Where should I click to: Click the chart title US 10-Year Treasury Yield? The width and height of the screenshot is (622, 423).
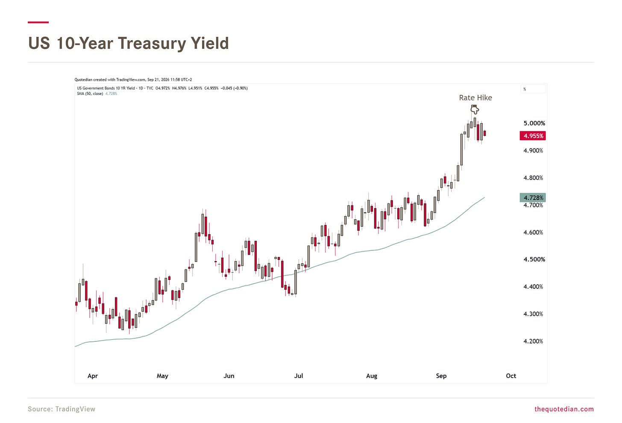129,43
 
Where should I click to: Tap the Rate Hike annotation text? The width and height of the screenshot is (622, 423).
475,98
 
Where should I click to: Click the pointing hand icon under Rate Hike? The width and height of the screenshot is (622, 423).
475,109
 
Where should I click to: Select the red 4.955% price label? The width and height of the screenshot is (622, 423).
533,136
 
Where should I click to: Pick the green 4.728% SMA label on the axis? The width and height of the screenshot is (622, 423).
533,198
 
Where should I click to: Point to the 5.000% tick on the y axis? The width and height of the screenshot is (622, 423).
534,123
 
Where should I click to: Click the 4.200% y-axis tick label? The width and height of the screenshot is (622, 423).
533,341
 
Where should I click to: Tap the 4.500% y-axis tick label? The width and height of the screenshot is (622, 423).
534,259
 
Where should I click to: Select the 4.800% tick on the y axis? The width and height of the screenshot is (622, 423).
533,178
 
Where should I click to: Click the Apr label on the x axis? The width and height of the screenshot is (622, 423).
93,376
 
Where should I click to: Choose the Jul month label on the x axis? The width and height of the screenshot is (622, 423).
299,376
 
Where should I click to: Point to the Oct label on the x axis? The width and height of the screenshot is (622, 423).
511,376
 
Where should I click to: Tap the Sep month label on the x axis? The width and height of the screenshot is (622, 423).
441,376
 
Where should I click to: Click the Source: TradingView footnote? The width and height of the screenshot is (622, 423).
62,409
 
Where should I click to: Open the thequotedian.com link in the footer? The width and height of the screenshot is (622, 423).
564,409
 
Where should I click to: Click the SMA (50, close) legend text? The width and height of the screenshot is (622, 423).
90,94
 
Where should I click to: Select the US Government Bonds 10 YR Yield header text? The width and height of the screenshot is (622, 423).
106,88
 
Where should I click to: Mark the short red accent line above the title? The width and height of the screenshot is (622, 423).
38,22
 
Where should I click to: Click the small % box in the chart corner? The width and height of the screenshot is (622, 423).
533,89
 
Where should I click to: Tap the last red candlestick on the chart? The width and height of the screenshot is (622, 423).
485,133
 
